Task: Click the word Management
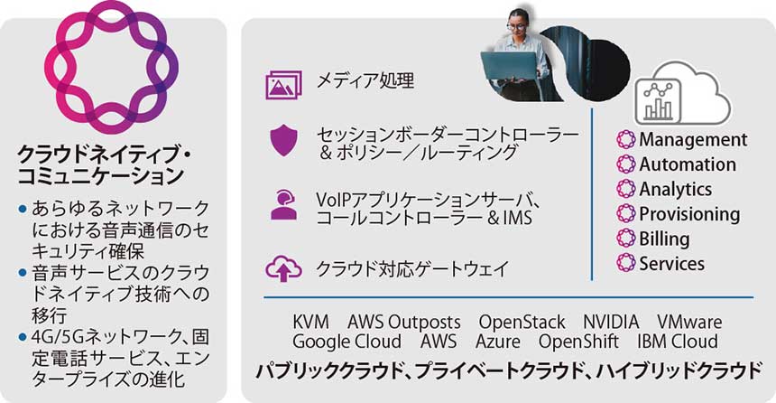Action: pyautogui.click(x=693, y=140)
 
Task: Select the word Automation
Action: pyautogui.click(x=688, y=164)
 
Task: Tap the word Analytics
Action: pyautogui.click(x=675, y=190)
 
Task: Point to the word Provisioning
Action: pyautogui.click(x=689, y=214)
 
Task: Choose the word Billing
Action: pyautogui.click(x=664, y=239)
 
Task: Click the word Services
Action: pyautogui.click(x=671, y=264)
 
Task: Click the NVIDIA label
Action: pyautogui.click(x=611, y=323)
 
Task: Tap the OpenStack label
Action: pyautogui.click(x=522, y=323)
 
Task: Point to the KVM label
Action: pyautogui.click(x=311, y=323)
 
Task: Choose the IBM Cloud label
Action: pyautogui.click(x=677, y=342)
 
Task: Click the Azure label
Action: pyautogui.click(x=498, y=342)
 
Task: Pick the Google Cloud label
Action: pyautogui.click(x=346, y=342)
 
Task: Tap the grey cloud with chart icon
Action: pyautogui.click(x=674, y=94)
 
